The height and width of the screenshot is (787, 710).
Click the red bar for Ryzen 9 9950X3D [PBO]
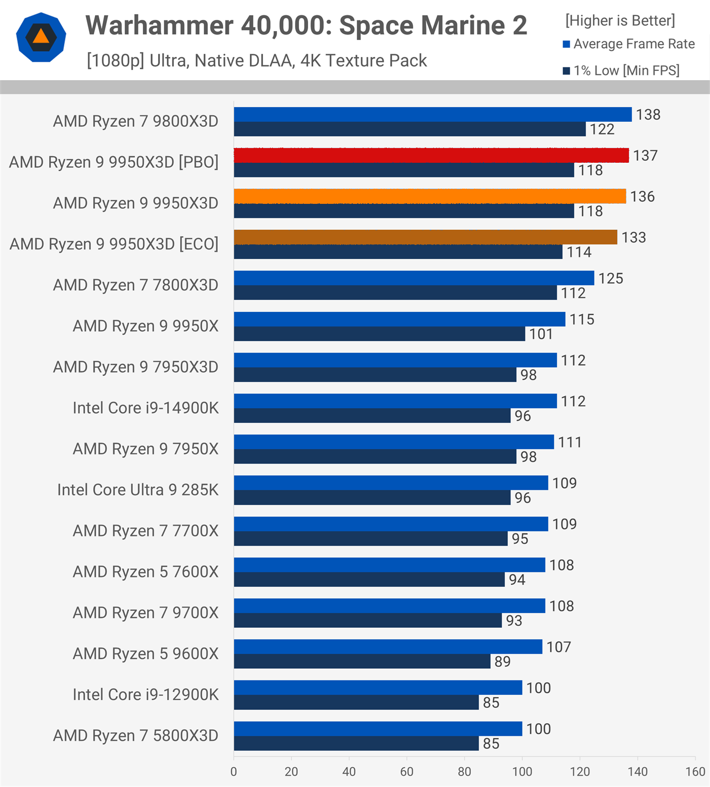[431, 155]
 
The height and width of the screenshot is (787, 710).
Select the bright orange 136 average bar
[430, 196]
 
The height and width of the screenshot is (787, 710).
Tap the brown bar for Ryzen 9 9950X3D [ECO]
[425, 237]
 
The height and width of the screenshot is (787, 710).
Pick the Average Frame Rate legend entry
[628, 44]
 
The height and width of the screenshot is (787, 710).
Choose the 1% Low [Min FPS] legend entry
[621, 70]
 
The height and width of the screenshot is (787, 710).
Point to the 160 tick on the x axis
[695, 771]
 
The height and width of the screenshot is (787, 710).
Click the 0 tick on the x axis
[234, 771]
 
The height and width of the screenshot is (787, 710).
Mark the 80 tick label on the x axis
[464, 771]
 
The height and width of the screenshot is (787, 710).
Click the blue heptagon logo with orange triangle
[41, 37]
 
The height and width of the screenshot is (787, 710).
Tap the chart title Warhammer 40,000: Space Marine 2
[306, 25]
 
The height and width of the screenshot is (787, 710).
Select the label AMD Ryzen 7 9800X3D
[135, 121]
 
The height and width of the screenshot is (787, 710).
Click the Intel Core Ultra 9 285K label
[137, 490]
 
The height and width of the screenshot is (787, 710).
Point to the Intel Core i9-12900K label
[145, 694]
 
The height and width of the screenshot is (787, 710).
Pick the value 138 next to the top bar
[648, 115]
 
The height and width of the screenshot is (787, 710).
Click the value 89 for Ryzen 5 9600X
[502, 662]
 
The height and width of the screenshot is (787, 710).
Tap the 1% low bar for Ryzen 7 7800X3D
[395, 293]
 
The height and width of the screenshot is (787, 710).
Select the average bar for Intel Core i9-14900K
[395, 401]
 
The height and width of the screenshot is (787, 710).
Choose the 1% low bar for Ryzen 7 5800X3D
[356, 743]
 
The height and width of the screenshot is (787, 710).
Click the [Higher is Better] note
[620, 20]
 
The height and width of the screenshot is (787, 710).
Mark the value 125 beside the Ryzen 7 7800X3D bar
[611, 278]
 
